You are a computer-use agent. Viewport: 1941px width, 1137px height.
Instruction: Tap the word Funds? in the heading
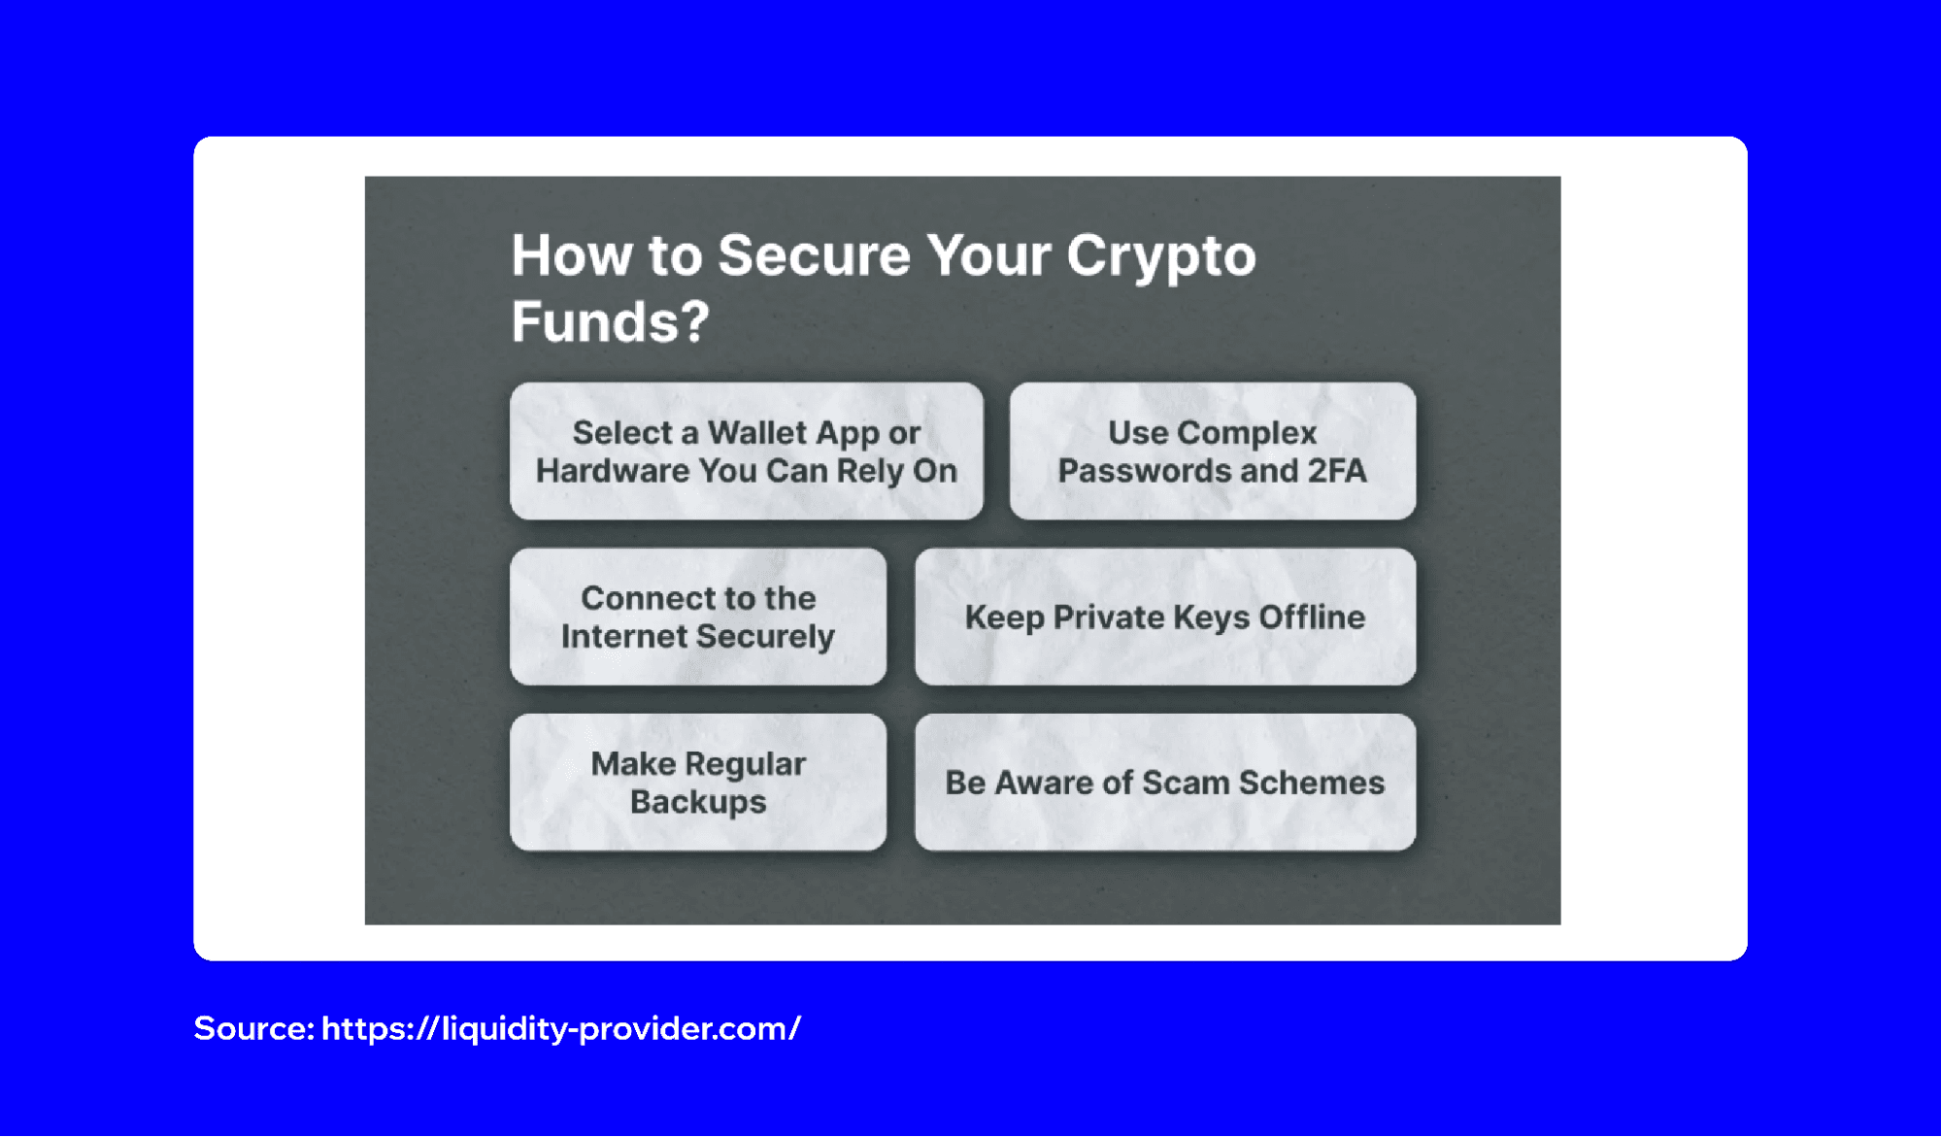(x=610, y=321)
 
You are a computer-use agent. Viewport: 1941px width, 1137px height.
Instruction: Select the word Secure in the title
(x=814, y=255)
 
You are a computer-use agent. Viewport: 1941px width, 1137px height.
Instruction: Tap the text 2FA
(x=1336, y=471)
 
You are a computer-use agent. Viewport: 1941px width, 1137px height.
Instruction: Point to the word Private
(x=1108, y=618)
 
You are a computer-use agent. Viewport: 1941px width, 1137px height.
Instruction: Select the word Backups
(x=697, y=802)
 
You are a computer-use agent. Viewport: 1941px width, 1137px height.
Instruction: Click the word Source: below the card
(x=252, y=1028)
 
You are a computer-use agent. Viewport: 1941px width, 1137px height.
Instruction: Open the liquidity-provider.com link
(x=560, y=1028)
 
